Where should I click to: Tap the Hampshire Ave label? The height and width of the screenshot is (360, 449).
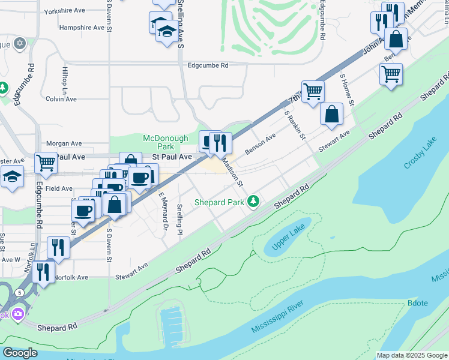coord(82,28)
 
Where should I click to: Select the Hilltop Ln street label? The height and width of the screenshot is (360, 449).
coord(65,79)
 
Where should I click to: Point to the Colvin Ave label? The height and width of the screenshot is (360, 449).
coord(61,99)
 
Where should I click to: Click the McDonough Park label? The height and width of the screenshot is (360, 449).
coord(158,142)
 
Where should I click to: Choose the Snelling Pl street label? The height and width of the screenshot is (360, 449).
coord(179,219)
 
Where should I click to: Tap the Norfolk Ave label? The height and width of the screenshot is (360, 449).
coord(71,278)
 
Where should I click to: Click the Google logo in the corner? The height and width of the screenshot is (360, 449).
coord(19,353)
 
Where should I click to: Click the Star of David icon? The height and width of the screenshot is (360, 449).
coord(19,44)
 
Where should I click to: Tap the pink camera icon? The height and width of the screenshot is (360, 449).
coord(18,313)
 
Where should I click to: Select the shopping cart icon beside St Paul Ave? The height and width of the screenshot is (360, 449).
coord(46,162)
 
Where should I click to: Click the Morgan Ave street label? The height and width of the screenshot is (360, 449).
coord(64,143)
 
